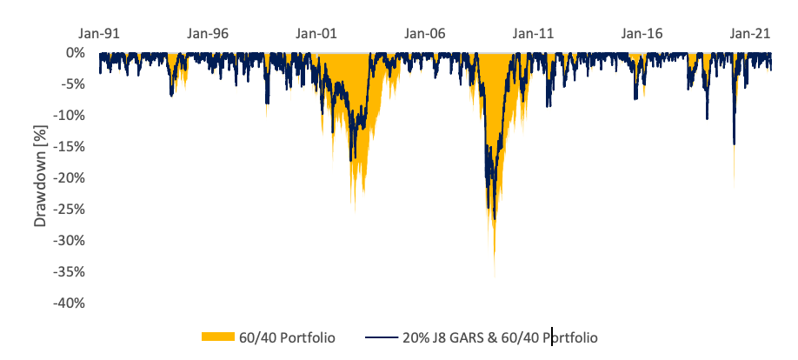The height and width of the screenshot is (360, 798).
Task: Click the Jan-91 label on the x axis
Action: coord(99,35)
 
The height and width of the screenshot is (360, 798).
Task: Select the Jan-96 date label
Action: coord(208,35)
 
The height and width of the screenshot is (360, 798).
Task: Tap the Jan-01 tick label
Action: coord(316,35)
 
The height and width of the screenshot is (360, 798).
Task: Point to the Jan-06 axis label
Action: coord(425,35)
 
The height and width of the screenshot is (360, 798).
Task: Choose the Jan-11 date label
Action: coord(534,35)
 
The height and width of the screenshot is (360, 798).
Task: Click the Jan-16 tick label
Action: coord(642,35)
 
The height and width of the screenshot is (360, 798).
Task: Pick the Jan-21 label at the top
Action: coord(750,35)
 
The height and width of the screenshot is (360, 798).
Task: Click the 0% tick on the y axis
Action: coord(74,53)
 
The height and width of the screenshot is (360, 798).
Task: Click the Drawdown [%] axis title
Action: coord(41,178)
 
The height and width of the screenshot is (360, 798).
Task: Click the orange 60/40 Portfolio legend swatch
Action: coord(217,337)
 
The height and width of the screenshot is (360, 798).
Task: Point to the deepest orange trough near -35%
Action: coord(494,277)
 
